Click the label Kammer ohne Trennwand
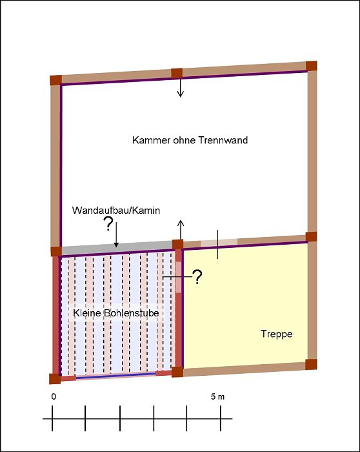point(190,140)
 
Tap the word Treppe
point(277,334)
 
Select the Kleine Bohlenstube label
point(115,313)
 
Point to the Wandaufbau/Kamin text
point(115,211)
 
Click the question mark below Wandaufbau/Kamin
point(108,224)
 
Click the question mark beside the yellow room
point(197,277)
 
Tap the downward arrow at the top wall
point(180,87)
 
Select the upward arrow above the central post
point(181,230)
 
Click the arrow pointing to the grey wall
point(116,234)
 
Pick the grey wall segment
point(117,248)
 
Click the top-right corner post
point(312,66)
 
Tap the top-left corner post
point(56,80)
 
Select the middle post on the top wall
point(177,73)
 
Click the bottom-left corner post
point(55,379)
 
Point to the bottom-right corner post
point(311,364)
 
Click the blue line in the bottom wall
point(115,375)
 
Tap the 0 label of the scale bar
point(54,396)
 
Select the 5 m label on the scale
point(217,396)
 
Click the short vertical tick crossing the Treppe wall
point(217,245)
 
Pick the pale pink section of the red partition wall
point(179,277)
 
